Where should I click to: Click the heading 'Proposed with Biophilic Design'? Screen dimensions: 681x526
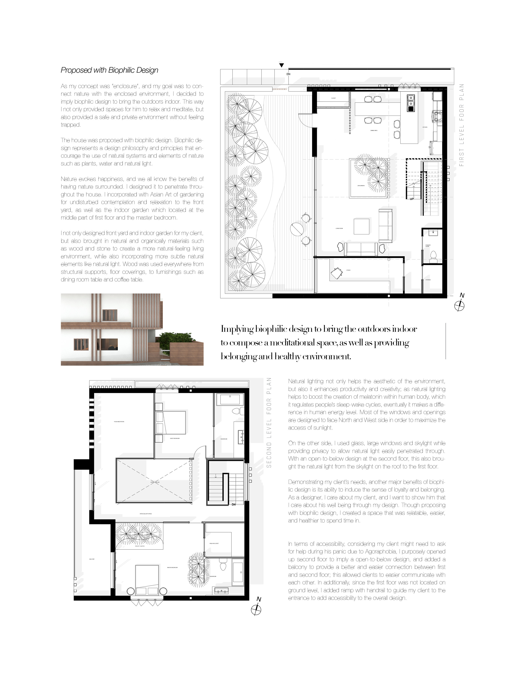(x=109, y=70)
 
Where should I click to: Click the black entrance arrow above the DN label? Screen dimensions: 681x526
(x=282, y=65)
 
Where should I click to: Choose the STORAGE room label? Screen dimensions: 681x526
(x=428, y=280)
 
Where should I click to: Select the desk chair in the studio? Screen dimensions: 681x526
(x=336, y=273)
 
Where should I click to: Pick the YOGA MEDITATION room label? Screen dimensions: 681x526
(x=119, y=422)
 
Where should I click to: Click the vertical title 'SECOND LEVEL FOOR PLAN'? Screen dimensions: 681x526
(x=269, y=422)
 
